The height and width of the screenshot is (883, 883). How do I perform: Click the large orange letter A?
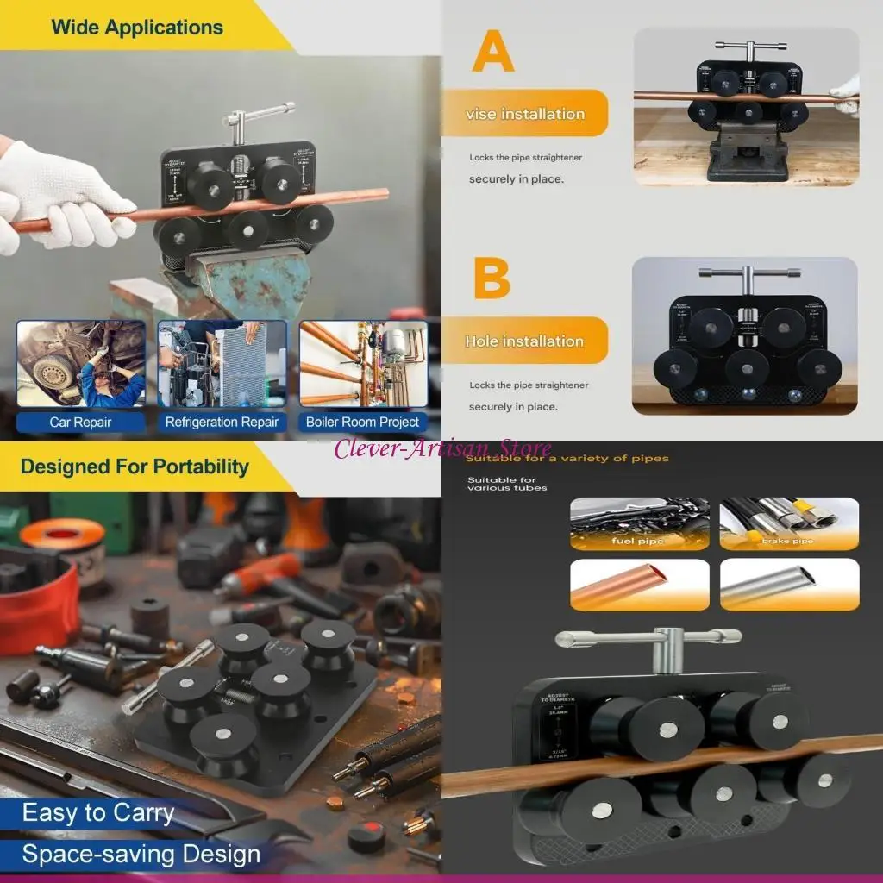click(x=493, y=53)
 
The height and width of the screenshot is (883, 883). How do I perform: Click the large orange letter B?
click(x=492, y=278)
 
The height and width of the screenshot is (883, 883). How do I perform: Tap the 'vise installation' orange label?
click(x=524, y=114)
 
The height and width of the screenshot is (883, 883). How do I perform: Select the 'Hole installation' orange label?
click(x=524, y=341)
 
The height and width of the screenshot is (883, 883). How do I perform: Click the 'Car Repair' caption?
click(x=80, y=423)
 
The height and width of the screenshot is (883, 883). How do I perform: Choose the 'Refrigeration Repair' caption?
click(x=222, y=423)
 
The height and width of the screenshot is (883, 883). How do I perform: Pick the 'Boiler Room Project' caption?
click(x=363, y=423)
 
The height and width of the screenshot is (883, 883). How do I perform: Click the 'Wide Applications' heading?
click(x=136, y=27)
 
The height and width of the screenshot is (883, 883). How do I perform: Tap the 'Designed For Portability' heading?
click(x=135, y=467)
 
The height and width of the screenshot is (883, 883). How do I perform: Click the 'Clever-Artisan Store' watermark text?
click(x=442, y=449)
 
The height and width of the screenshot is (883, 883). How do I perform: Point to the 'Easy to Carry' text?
click(x=98, y=813)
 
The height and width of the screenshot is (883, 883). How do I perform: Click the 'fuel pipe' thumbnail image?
click(x=639, y=523)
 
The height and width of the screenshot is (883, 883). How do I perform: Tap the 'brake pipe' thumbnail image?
click(x=789, y=523)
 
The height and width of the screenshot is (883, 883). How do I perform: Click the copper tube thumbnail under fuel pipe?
click(x=639, y=584)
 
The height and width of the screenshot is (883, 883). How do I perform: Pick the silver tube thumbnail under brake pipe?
click(x=789, y=584)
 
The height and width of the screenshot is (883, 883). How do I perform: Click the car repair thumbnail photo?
click(x=80, y=365)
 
